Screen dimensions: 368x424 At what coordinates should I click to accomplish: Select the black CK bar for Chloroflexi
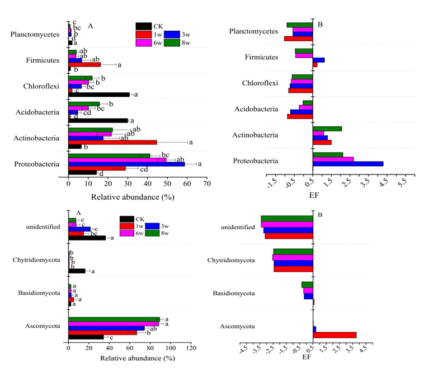[x=98, y=95]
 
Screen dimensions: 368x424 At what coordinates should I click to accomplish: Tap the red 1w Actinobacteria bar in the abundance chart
[x=112, y=142]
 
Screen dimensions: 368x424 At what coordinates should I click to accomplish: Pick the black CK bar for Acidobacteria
[x=98, y=120]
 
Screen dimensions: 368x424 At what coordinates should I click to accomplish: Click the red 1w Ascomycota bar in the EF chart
[x=335, y=335]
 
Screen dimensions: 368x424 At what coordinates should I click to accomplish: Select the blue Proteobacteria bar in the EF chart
[x=348, y=164]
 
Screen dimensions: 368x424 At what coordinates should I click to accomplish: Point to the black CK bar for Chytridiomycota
[x=77, y=271]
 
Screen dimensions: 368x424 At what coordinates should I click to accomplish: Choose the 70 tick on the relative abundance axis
[x=206, y=182]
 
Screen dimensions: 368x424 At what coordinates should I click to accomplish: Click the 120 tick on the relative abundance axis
[x=191, y=348]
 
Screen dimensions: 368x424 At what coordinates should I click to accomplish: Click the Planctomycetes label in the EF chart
[x=253, y=31]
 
